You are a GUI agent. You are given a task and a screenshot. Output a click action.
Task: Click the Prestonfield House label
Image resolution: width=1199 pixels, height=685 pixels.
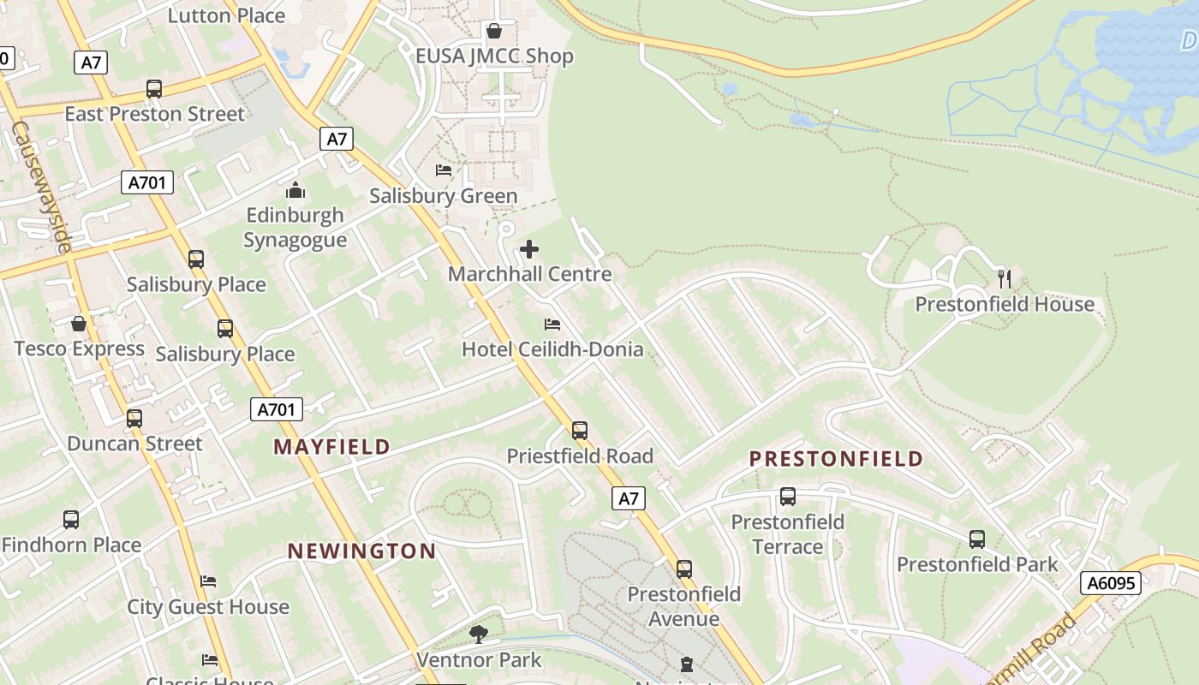click(1005, 304)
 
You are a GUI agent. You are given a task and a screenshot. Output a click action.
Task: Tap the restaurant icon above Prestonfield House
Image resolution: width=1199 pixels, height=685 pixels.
click(1005, 278)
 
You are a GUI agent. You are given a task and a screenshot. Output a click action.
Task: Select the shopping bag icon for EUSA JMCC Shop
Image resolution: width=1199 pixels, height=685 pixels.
click(494, 32)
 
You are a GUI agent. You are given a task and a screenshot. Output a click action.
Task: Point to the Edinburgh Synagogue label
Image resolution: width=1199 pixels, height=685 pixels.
click(295, 227)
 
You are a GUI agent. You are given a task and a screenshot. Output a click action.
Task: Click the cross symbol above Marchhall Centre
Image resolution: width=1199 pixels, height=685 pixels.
click(529, 249)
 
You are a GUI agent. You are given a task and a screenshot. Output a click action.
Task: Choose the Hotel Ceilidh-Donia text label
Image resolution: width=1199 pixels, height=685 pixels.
click(552, 348)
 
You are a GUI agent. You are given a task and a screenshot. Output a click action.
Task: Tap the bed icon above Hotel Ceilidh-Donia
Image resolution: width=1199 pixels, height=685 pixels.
click(552, 325)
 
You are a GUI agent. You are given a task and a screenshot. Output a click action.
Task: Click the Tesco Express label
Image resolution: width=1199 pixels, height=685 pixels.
click(80, 348)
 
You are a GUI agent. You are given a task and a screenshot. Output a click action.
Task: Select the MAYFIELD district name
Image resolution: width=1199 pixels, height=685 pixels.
click(332, 446)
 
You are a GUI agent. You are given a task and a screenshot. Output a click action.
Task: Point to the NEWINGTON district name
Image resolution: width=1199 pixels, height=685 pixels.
click(361, 551)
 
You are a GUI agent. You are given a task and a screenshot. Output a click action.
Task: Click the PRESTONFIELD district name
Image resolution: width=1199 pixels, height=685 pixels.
click(836, 459)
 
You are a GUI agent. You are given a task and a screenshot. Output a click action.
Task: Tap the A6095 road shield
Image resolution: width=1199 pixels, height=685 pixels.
click(1111, 583)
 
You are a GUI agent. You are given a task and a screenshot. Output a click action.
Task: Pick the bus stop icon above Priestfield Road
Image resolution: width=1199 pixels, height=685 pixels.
click(580, 430)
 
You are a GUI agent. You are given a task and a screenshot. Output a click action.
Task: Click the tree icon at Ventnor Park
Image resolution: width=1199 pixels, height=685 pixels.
click(478, 634)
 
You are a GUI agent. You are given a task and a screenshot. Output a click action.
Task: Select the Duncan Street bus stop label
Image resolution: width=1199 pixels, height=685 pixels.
click(134, 444)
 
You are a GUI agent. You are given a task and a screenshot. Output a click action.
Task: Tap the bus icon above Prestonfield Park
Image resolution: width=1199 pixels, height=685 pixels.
click(977, 539)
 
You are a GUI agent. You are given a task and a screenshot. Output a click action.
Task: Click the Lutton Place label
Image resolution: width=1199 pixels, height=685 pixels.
click(226, 15)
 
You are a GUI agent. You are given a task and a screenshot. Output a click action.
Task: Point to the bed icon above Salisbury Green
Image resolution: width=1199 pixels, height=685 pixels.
click(444, 170)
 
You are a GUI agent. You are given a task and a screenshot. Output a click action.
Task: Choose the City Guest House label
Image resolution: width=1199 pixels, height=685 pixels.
click(208, 607)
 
